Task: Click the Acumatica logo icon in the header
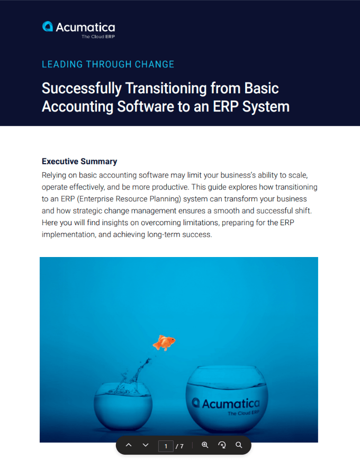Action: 48,26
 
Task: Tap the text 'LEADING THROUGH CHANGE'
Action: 108,64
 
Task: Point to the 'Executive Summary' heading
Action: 79,162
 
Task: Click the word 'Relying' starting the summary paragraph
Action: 55,175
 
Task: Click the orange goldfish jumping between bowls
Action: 164,342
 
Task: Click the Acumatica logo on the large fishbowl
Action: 226,404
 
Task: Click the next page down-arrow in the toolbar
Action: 146,445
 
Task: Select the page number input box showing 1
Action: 166,446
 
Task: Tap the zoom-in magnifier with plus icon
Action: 205,445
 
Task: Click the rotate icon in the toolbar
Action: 222,445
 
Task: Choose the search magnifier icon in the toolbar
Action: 239,445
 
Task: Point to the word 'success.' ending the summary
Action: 197,234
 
